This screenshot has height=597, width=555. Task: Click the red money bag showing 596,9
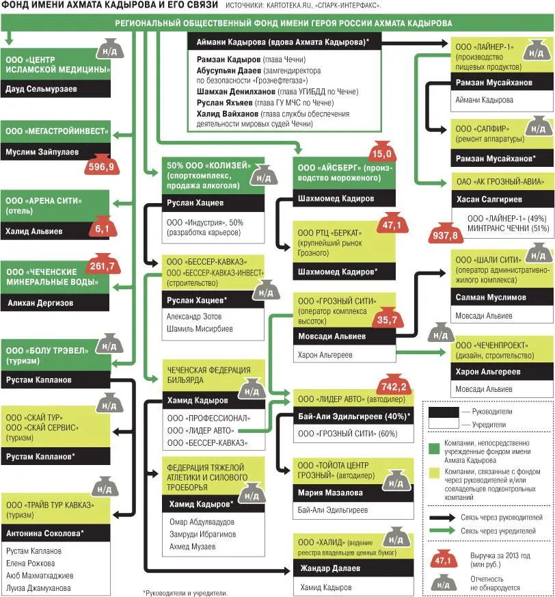[x=101, y=165]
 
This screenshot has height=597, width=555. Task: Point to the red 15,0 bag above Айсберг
[x=382, y=151]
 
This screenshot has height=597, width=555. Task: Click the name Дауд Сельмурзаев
[x=41, y=89]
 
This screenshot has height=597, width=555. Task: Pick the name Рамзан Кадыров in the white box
[x=228, y=59]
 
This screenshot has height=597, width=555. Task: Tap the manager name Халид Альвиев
[x=34, y=231]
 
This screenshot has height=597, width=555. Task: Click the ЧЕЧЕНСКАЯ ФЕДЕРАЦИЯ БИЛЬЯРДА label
[x=208, y=375]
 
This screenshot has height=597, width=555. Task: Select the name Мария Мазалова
[x=330, y=492]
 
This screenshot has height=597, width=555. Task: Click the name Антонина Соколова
[x=43, y=533]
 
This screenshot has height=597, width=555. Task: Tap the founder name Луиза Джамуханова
[x=38, y=588]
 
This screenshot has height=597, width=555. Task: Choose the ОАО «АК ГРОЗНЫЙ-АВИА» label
[x=500, y=182]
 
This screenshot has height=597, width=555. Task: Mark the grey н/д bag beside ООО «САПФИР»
[x=538, y=127]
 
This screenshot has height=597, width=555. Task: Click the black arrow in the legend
[x=442, y=518]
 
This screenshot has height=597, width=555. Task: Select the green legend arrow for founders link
[x=442, y=531]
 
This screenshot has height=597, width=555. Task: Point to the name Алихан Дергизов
[x=40, y=303]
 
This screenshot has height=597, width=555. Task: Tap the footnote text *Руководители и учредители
[x=185, y=593]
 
